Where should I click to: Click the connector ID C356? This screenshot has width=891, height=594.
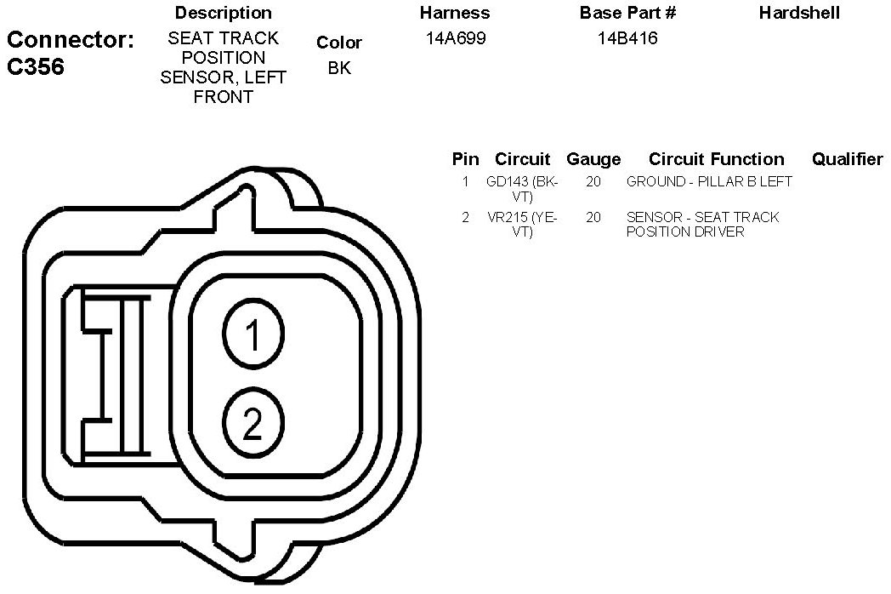tap(36, 66)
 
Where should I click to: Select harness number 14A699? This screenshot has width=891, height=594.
tap(456, 38)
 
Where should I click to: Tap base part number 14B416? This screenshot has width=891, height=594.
tap(627, 38)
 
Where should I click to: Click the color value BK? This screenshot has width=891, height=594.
tap(339, 68)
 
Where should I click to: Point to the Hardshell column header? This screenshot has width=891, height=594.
tap(799, 13)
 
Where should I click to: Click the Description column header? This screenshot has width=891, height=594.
tap(224, 13)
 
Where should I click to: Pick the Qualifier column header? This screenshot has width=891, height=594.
tap(848, 159)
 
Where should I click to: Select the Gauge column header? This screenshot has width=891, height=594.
tap(593, 159)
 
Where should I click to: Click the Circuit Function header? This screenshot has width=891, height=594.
tap(717, 159)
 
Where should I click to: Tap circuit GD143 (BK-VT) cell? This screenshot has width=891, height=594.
tap(522, 189)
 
